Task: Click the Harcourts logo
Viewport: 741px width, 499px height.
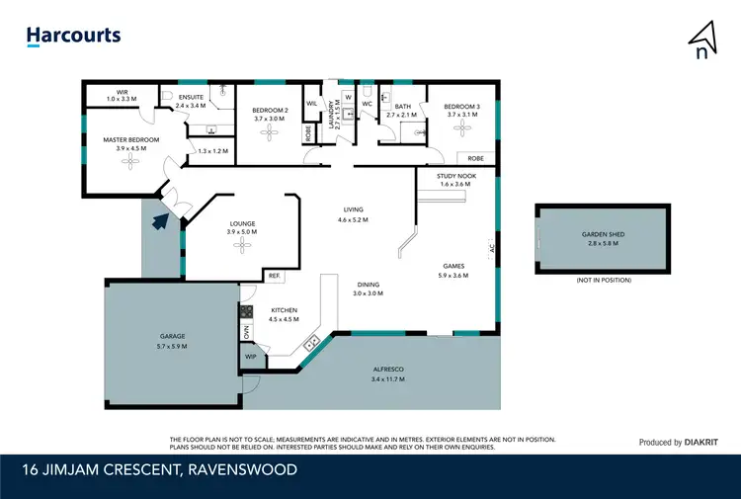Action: [x=73, y=36]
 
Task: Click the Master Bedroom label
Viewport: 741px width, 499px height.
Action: [x=130, y=140]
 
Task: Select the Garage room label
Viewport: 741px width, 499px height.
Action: [x=171, y=337]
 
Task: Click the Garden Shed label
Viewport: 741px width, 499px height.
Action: [x=603, y=235]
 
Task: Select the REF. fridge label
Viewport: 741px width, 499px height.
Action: [x=273, y=276]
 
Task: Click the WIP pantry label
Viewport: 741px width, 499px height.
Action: [x=250, y=356]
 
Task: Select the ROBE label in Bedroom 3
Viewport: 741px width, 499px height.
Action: [x=475, y=158]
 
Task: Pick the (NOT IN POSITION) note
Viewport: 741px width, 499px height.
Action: [x=603, y=281]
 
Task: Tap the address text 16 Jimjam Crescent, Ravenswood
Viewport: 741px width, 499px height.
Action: [x=163, y=469]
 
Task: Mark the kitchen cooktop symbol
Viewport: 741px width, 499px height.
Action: [x=245, y=313]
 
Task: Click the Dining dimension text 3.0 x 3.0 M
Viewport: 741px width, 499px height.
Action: [x=371, y=293]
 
